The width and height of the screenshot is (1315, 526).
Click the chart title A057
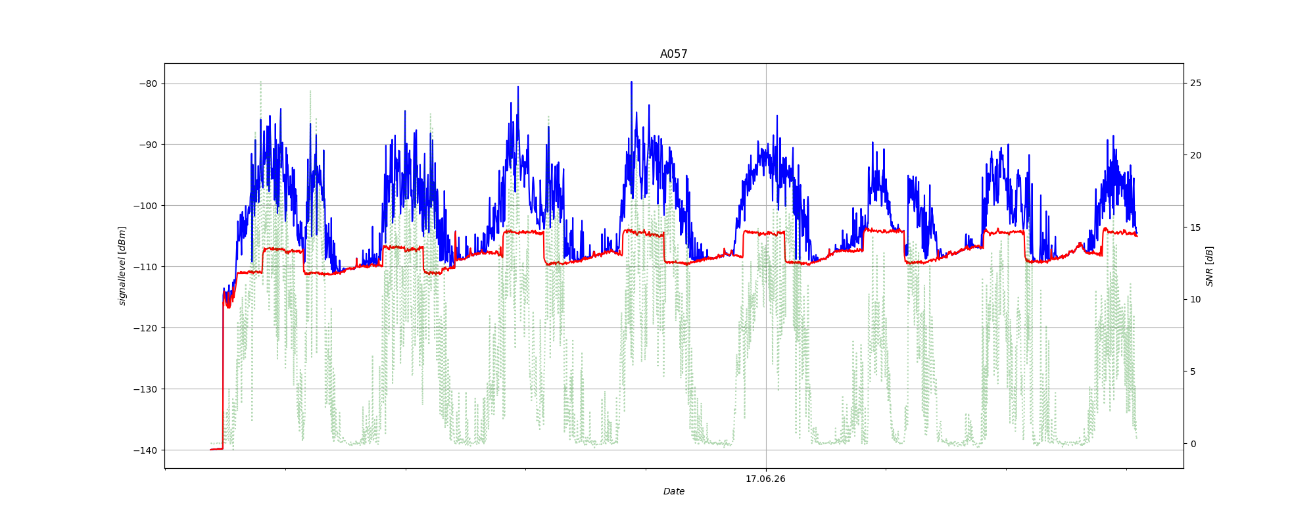point(674,54)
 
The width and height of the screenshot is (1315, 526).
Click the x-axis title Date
point(674,491)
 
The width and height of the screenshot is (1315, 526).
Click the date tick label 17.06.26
point(765,479)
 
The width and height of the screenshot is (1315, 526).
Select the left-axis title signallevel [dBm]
point(122,266)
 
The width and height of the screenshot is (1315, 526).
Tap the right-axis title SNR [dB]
point(1209,266)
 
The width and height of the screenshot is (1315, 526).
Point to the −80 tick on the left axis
point(148,84)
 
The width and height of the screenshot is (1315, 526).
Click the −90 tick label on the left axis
point(148,145)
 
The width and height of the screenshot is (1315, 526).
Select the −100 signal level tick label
point(145,206)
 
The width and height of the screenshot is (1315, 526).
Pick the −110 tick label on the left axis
point(145,267)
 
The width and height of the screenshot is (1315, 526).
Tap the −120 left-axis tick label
point(145,328)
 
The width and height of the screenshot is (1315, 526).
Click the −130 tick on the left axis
point(145,389)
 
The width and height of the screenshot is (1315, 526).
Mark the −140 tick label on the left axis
point(145,450)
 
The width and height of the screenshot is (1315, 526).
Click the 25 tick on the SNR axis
point(1195,83)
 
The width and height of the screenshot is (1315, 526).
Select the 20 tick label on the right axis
point(1195,155)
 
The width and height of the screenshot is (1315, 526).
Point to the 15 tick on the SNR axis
point(1195,227)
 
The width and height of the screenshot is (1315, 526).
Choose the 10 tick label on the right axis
point(1195,299)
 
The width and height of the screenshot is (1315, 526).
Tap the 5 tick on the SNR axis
point(1193,371)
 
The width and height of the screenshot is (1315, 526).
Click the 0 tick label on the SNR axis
point(1193,444)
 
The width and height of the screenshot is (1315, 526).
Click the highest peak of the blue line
point(631,82)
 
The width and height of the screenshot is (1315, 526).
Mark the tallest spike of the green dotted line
point(260,82)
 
